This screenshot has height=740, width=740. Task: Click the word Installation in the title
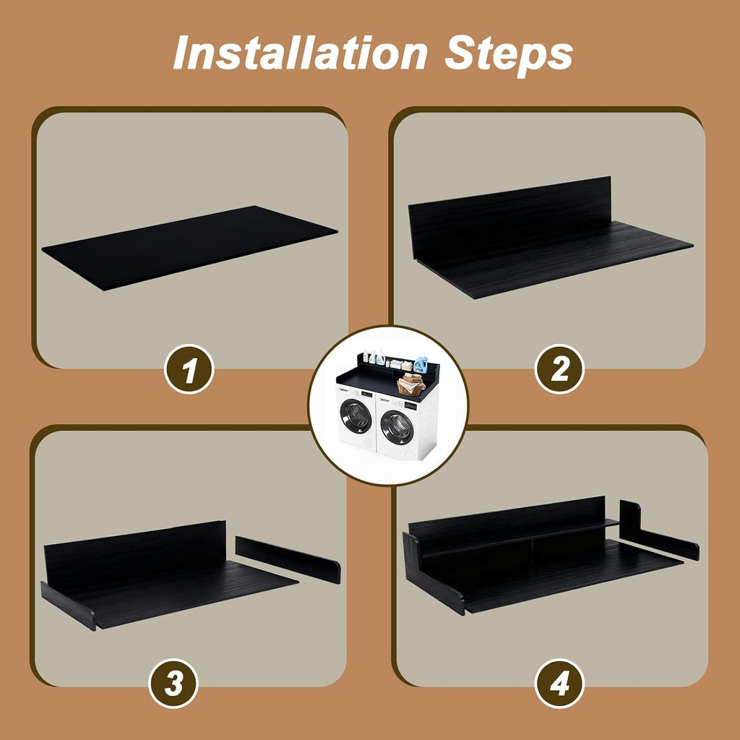pos(300,53)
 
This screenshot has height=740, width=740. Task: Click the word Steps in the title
pos(509,56)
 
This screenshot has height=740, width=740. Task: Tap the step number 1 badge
pos(189,369)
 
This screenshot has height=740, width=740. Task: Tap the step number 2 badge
pos(559,369)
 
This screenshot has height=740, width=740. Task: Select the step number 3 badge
pos(173,683)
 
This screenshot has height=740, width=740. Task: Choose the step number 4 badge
pos(559,683)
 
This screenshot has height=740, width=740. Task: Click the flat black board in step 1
pos(190,247)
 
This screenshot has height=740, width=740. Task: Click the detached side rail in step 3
pos(288,560)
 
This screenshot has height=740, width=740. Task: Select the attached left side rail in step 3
pos(69,606)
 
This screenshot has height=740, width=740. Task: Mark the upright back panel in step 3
pos(135,551)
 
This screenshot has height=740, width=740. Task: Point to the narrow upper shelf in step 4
pos(519,538)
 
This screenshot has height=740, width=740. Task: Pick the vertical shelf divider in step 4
pos(533,550)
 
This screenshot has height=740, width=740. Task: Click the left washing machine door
pos(355,416)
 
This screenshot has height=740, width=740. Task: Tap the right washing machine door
pos(397,427)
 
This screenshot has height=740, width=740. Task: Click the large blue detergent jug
pos(421,363)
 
